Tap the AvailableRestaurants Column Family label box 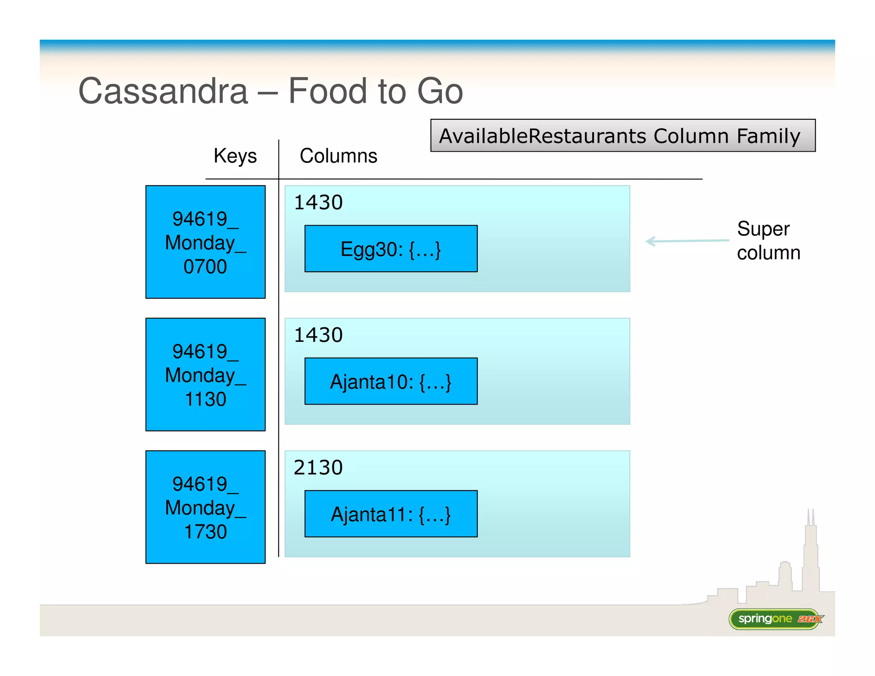(x=622, y=136)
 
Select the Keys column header (x=235, y=156)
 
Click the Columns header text (x=338, y=156)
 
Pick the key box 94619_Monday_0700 (x=206, y=242)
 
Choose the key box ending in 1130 (x=206, y=374)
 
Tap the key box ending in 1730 (x=206, y=507)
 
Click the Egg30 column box (x=391, y=249)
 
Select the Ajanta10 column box (x=391, y=381)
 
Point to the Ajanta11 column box (x=391, y=514)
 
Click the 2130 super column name (x=318, y=467)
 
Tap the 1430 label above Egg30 (x=318, y=203)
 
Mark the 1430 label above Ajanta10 (x=318, y=335)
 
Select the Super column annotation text (x=768, y=241)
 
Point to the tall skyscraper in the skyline (x=810, y=555)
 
